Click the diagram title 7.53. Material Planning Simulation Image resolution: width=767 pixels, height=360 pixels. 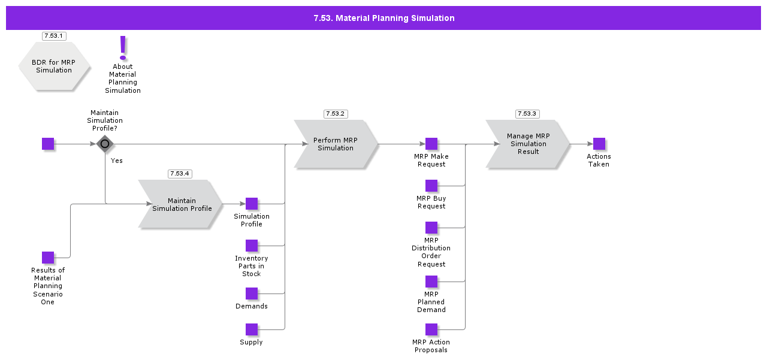[383, 18]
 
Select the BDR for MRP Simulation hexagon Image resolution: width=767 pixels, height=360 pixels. [54, 66]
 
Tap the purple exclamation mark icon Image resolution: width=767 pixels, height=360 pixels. [123, 47]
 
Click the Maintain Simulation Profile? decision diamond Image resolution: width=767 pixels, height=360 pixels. [105, 144]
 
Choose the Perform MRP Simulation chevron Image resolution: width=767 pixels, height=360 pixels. [336, 144]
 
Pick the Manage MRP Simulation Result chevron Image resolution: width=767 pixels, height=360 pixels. [527, 144]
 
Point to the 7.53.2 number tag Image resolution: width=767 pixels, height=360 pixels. [336, 114]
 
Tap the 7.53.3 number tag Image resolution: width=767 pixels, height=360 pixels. [527, 114]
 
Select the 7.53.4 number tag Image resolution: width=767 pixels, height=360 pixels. [180, 174]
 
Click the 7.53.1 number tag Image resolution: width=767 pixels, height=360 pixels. [54, 36]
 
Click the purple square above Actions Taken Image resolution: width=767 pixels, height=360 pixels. [599, 144]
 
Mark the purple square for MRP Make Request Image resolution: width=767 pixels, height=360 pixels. [431, 144]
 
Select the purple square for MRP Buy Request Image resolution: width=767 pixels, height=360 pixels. [431, 186]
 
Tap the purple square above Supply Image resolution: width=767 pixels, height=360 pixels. [252, 329]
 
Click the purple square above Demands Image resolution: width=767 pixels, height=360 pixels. [252, 294]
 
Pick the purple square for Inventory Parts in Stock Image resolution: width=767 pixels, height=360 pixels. [252, 246]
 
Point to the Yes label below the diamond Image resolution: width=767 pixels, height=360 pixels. [117, 161]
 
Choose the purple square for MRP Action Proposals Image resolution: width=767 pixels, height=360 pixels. [431, 329]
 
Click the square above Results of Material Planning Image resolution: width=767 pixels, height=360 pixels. [48, 258]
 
